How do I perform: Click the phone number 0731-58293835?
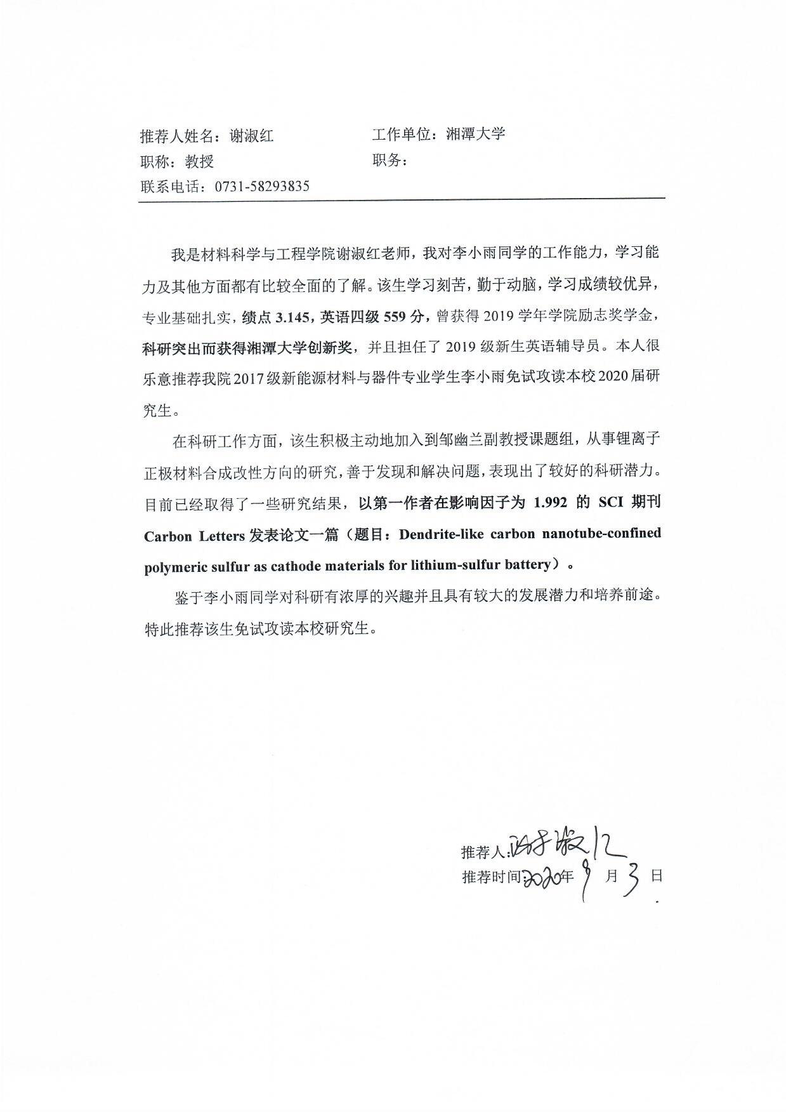click(x=262, y=187)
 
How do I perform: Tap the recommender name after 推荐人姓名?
click(x=251, y=136)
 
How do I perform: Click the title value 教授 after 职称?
click(x=199, y=162)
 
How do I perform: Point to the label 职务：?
click(x=390, y=161)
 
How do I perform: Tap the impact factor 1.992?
click(x=550, y=503)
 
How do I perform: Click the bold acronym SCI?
click(x=612, y=503)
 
